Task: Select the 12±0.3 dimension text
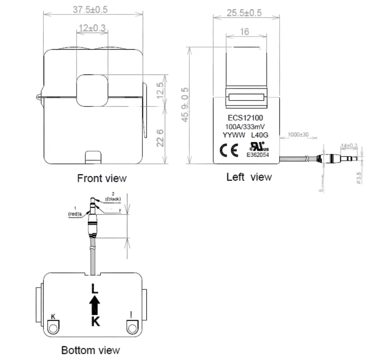point(92,29)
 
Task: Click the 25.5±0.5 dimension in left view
point(244,13)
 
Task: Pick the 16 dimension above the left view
point(244,32)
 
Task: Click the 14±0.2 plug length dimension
point(348,145)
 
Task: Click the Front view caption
point(101,178)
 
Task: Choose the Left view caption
point(249,177)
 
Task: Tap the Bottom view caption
point(91,350)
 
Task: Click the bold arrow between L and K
point(94,304)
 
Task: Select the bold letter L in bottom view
point(94,289)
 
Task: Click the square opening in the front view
point(92,90)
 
